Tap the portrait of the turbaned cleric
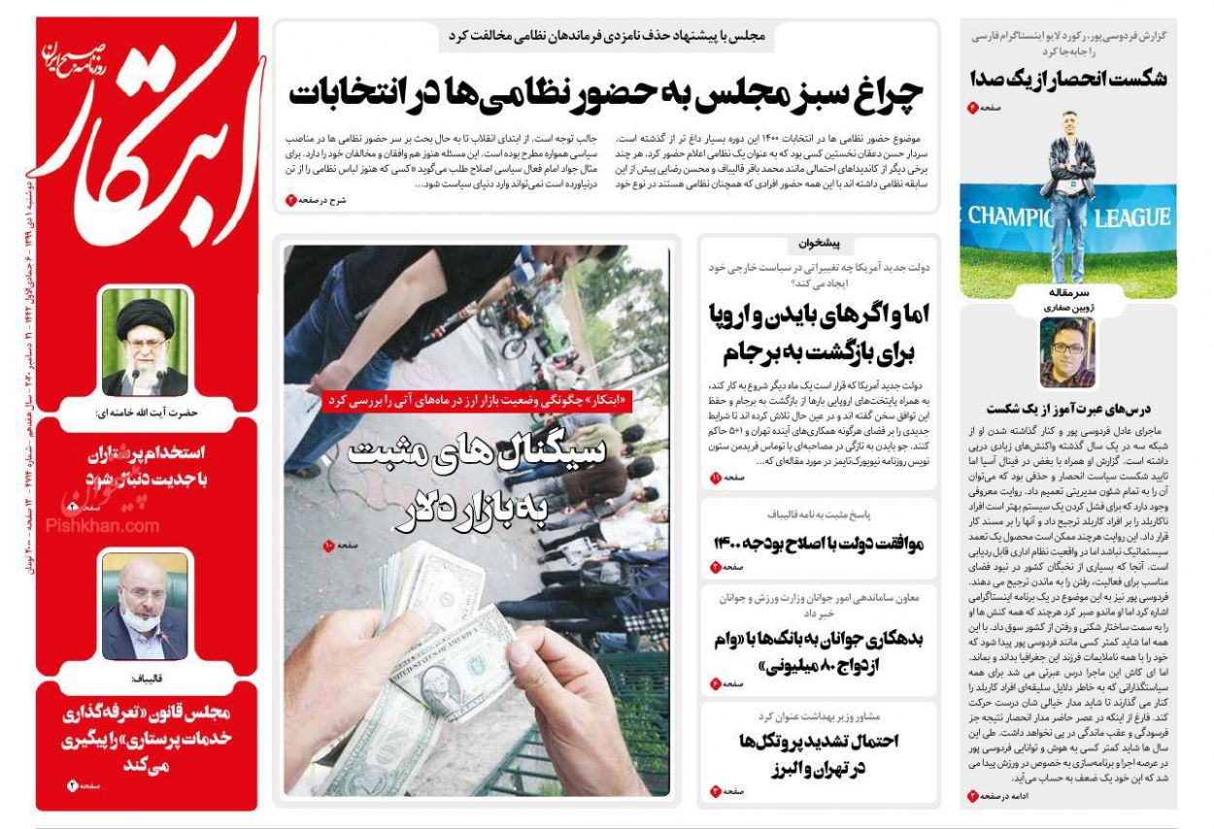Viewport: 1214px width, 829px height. click(x=145, y=342)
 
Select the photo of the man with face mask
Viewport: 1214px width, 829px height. click(x=145, y=606)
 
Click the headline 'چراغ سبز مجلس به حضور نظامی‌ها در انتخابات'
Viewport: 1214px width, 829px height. click(x=606, y=94)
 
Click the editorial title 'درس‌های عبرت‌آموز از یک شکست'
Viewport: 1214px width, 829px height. click(x=1067, y=409)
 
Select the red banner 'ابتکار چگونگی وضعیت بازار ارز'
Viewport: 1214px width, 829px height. click(x=476, y=400)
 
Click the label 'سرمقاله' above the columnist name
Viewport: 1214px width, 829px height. click(x=1067, y=291)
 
